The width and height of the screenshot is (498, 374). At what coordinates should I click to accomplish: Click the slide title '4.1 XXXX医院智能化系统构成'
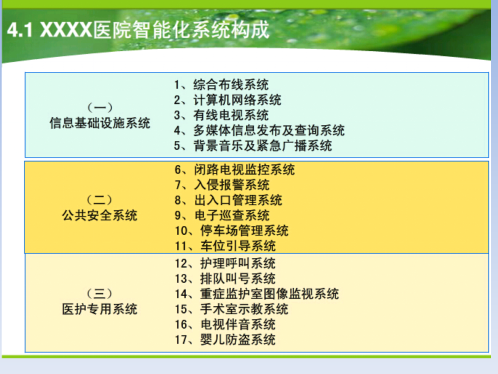(138, 30)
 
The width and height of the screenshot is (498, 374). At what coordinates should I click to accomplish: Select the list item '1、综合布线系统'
(221, 85)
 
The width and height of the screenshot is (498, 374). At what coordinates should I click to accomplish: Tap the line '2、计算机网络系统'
(227, 100)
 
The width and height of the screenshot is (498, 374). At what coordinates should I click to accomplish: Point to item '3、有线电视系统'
(221, 115)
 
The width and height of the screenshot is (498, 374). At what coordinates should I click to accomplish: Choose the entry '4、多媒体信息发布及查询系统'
(259, 130)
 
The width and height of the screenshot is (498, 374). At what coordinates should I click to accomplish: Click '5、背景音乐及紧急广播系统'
(253, 146)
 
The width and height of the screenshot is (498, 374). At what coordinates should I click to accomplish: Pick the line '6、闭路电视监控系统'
(235, 170)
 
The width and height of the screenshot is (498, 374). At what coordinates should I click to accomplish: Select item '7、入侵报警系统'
(222, 185)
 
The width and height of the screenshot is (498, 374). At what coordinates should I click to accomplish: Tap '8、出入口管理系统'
(228, 200)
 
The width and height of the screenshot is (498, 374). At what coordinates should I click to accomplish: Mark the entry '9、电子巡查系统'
(222, 215)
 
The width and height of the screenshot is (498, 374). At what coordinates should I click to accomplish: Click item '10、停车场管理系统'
(232, 231)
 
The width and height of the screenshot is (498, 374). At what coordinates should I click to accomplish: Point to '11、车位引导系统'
(225, 246)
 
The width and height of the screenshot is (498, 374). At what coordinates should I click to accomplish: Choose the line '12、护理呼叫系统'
(225, 263)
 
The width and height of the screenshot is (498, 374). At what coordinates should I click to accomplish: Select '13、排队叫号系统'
(225, 279)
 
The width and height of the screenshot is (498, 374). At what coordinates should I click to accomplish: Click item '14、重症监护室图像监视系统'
(257, 294)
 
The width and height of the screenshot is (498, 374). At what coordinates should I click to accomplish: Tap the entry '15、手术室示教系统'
(232, 309)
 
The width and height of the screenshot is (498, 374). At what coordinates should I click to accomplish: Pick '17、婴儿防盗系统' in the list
(225, 340)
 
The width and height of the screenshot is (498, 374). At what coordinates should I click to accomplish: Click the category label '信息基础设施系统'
(100, 123)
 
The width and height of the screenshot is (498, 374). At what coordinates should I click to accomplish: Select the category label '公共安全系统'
(100, 215)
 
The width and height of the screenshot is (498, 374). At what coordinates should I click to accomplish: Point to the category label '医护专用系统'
(100, 309)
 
